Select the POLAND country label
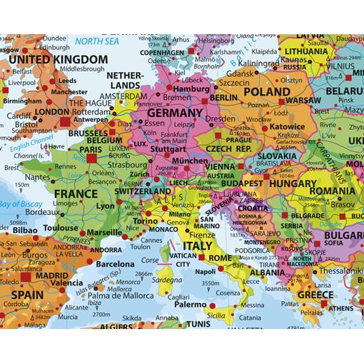(x=268, y=91)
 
